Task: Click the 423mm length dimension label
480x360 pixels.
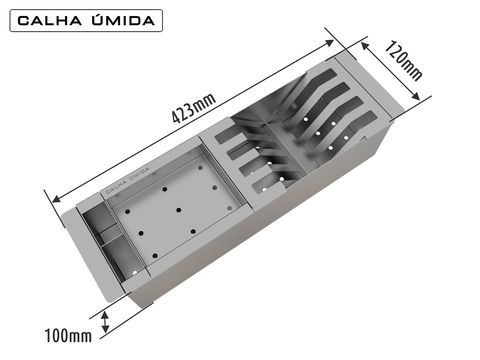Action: click(194, 108)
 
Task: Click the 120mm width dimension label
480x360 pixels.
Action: click(404, 61)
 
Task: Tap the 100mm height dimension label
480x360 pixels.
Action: click(68, 335)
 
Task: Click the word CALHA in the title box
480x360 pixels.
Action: click(50, 21)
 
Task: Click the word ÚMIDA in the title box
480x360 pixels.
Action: click(123, 20)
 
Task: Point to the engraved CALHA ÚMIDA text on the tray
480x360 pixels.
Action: click(127, 180)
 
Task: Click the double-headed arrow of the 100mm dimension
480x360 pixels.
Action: click(105, 322)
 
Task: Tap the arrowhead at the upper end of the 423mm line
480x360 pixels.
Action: click(329, 43)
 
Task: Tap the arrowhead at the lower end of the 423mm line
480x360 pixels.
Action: click(57, 199)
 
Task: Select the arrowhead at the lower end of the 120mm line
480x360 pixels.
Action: click(415, 96)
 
